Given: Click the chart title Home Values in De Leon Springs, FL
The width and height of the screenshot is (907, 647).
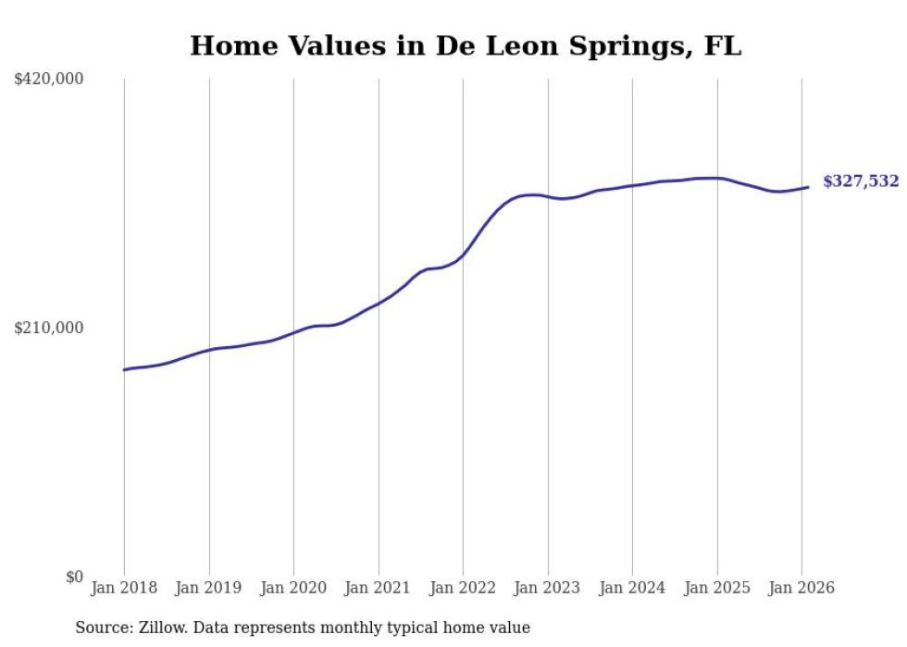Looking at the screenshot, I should (x=466, y=45).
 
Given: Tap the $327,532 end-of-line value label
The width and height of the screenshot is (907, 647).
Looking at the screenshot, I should (x=861, y=181).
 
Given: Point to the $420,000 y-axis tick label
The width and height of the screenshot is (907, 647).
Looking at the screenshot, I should (x=49, y=80).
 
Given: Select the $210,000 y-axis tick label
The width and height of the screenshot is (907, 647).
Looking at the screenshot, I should (x=49, y=328).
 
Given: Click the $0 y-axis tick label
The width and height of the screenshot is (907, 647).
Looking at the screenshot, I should (x=74, y=577).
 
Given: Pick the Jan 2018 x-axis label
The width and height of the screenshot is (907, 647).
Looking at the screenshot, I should (x=124, y=588).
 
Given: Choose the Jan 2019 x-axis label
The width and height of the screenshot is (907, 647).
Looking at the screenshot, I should (x=209, y=588).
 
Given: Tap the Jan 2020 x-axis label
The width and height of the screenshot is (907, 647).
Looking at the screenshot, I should (x=293, y=588).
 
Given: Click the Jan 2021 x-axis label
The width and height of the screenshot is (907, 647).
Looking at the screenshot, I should (x=379, y=588).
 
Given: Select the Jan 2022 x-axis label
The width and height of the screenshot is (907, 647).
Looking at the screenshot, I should (x=463, y=588).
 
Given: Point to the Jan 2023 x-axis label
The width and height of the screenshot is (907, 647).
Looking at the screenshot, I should (x=548, y=588).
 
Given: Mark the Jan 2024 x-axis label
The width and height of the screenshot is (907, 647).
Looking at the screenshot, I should (x=632, y=588).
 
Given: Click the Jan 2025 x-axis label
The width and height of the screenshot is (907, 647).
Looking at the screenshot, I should (x=717, y=588).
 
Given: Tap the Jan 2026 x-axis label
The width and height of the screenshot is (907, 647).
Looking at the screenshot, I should (x=801, y=588).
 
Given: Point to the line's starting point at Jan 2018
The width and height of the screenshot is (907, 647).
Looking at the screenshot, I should (x=125, y=369).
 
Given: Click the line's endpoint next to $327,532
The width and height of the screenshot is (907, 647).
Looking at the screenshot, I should (x=808, y=187).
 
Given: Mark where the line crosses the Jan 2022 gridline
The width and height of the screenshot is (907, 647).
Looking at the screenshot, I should (x=463, y=254).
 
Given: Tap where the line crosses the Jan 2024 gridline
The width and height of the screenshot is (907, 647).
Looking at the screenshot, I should (x=632, y=185).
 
